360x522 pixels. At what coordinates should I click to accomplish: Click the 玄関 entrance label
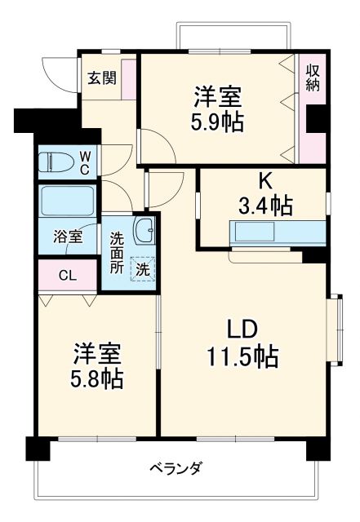coord(102,78)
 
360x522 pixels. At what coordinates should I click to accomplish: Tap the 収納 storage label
coord(313,78)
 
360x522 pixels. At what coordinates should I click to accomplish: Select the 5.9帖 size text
coord(218,123)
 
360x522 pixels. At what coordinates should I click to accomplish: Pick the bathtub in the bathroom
coord(67,201)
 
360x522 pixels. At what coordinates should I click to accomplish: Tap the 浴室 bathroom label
coord(67,237)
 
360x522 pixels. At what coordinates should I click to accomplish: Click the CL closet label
coord(67,275)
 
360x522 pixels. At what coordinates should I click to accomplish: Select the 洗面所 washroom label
coord(117,253)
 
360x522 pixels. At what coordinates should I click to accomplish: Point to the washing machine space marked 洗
coord(142,268)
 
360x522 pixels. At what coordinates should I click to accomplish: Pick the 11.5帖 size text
coord(242,356)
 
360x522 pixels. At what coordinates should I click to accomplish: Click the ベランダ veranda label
coord(176,469)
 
